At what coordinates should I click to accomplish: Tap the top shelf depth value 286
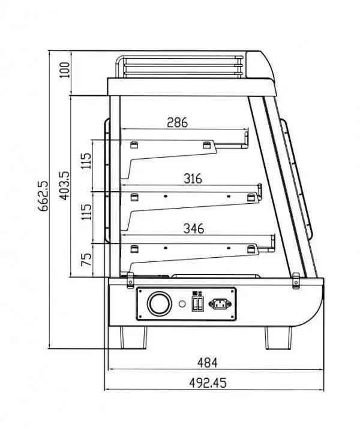[x=177, y=122]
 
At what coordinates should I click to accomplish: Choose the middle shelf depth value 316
[x=193, y=179]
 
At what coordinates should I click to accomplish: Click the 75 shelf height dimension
[x=87, y=260]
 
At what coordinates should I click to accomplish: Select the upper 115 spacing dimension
[x=87, y=161]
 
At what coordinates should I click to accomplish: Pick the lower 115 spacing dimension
[x=87, y=211]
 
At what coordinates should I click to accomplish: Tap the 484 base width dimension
[x=207, y=362]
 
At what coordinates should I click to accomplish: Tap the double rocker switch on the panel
[x=197, y=303]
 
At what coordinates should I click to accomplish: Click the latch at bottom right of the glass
[x=295, y=279]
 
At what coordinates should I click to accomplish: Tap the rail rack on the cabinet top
[x=180, y=66]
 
